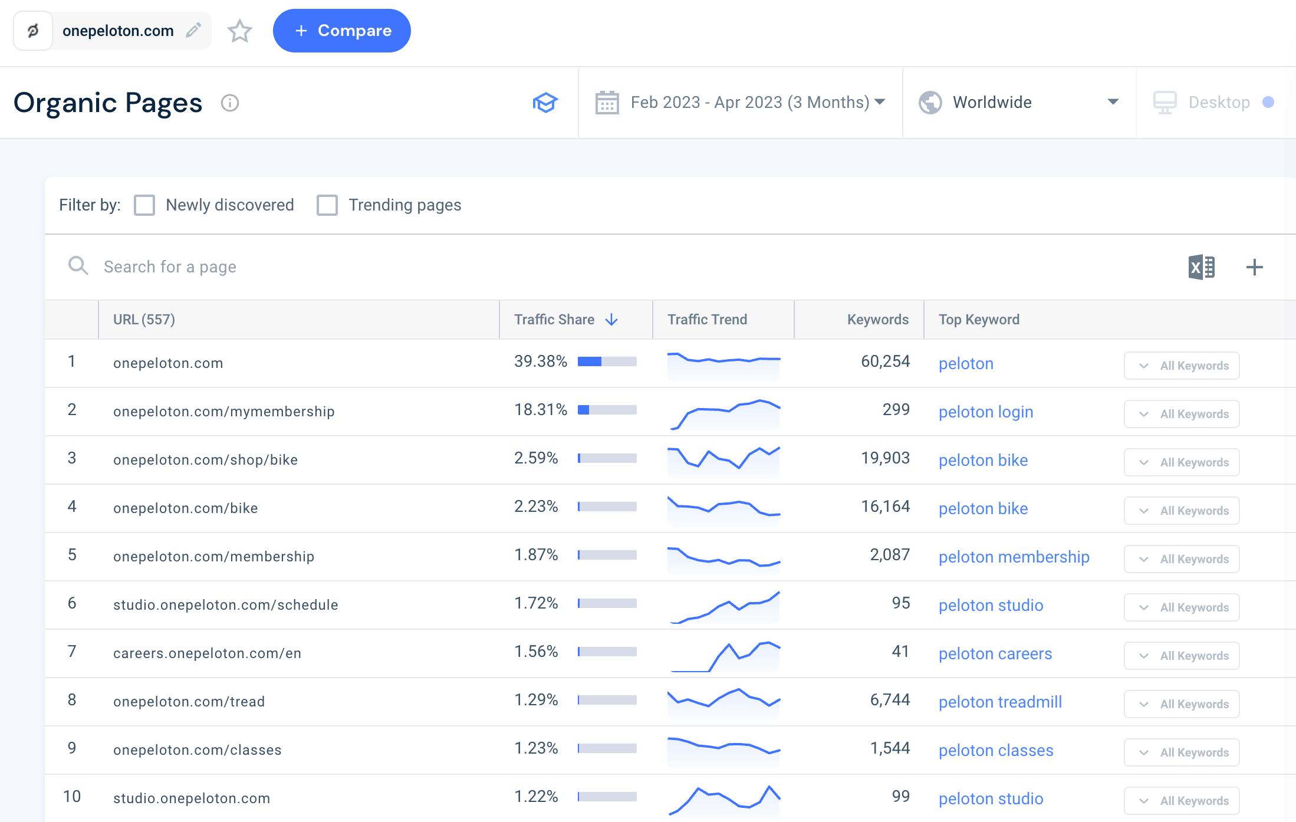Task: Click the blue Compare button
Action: [342, 31]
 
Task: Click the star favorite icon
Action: [239, 31]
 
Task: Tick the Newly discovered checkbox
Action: [144, 205]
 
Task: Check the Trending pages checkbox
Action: [327, 205]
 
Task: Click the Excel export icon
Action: [1201, 267]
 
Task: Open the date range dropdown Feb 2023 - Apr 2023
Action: [741, 103]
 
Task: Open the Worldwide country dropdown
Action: [1018, 103]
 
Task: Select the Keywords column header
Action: [877, 320]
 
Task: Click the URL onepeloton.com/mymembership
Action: [223, 412]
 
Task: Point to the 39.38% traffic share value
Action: [540, 361]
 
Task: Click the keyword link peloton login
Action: [986, 412]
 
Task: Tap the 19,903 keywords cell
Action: [885, 458]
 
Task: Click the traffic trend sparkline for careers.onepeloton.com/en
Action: [723, 655]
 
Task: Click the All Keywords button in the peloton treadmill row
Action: [1182, 704]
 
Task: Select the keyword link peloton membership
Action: [1014, 557]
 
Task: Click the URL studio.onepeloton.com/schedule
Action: [225, 605]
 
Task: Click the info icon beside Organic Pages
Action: [229, 103]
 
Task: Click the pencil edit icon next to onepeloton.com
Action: [193, 30]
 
